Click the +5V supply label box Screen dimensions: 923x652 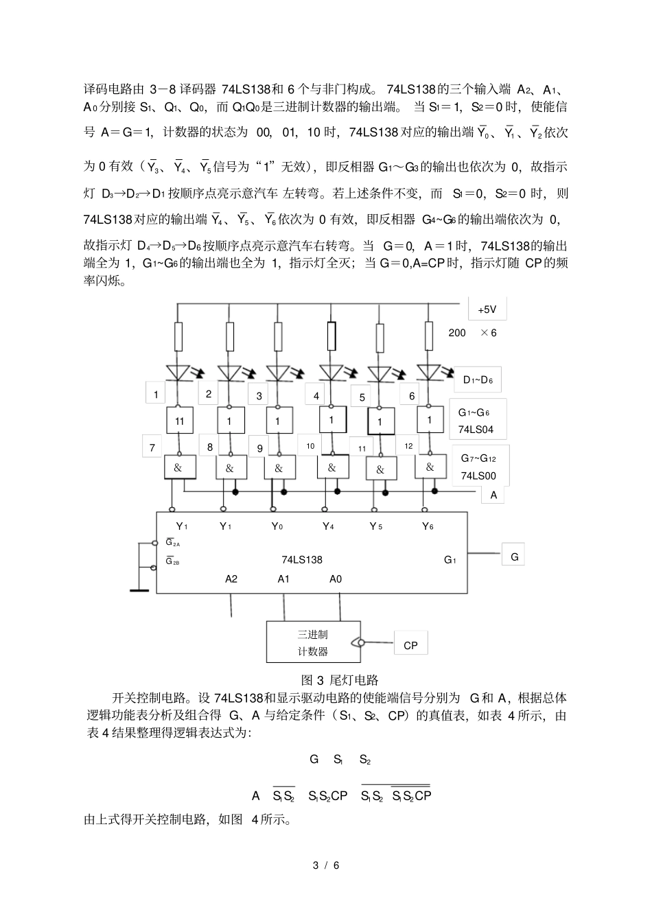coord(487,309)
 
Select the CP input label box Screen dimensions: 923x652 coord(410,644)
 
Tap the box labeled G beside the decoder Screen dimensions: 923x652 coord(514,557)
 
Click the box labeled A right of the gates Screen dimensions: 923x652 coord(493,494)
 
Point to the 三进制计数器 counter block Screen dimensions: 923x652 coord(313,642)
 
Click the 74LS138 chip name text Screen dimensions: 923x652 coord(301,559)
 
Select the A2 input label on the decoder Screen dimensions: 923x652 coord(231,579)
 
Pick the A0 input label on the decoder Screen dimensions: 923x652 coord(335,579)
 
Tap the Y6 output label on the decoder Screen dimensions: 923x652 coord(428,526)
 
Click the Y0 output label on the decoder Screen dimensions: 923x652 coord(277,526)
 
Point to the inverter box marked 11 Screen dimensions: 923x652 coord(179,421)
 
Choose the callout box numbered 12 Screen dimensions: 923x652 coord(408,446)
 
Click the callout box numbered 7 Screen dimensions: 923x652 coord(153,447)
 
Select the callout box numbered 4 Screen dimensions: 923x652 coord(316,396)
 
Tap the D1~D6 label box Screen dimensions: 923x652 coord(478,379)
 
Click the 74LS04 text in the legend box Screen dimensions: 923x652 coord(476,431)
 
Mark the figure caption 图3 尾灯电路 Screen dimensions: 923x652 coord(340,680)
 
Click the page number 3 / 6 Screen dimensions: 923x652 coord(326,865)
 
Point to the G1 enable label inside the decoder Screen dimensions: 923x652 coord(450,560)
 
